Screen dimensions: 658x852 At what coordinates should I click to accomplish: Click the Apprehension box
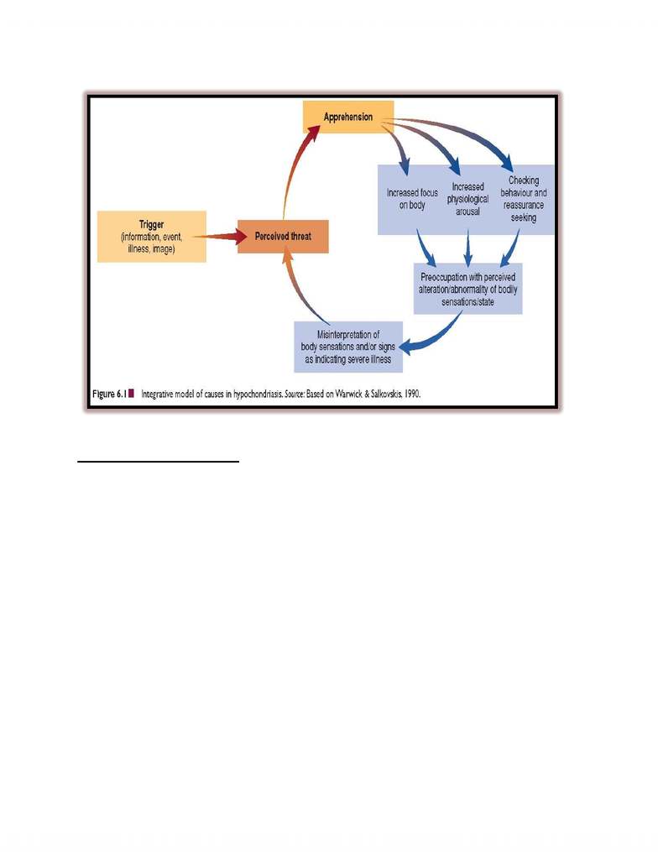coord(347,117)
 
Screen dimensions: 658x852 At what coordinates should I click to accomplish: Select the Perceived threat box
coord(283,237)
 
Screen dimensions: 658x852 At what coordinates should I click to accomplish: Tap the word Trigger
coord(152,224)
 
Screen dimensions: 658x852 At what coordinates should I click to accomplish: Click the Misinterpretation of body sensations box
coord(348,347)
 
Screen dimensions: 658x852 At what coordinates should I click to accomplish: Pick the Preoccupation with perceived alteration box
coord(467,289)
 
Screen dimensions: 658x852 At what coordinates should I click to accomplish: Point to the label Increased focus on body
coord(412,199)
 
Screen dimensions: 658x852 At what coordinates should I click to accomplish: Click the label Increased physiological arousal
coord(467,199)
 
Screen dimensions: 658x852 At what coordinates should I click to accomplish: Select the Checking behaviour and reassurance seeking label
coord(524,199)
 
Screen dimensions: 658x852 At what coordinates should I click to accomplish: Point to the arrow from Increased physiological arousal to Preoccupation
coord(467,248)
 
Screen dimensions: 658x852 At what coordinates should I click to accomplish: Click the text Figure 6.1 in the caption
coord(109,394)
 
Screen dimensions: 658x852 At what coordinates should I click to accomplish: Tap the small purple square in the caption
coord(132,394)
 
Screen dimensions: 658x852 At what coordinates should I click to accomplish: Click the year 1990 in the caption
coord(412,394)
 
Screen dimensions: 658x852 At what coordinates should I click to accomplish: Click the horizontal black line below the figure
coord(158,462)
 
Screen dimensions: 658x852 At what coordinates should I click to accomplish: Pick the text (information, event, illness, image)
coord(152,243)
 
